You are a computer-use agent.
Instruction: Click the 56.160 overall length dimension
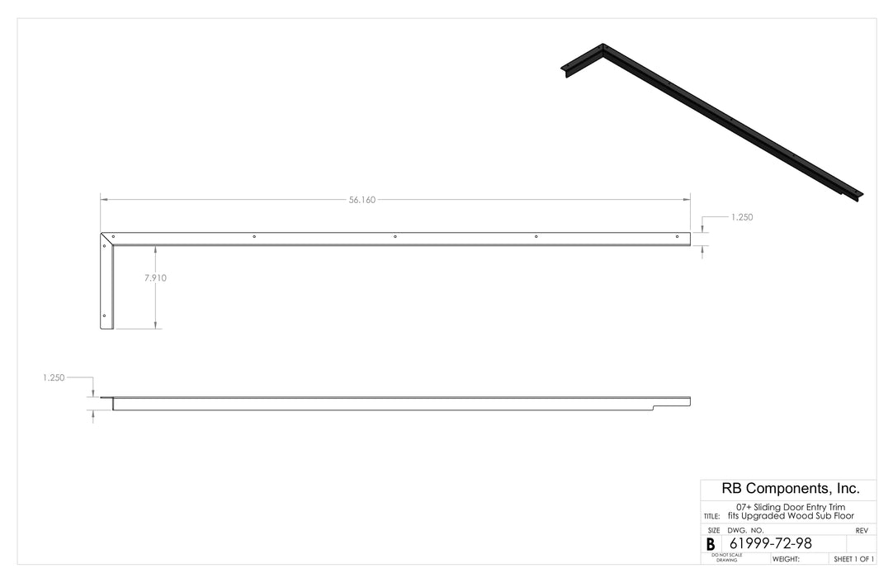[x=361, y=200]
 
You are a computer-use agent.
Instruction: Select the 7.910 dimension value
[x=155, y=278]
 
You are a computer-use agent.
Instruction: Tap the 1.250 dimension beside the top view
[x=741, y=217]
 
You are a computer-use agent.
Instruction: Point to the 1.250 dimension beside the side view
[x=54, y=377]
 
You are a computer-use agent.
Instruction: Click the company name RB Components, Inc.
[x=791, y=488]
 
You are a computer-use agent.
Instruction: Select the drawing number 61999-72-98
[x=771, y=543]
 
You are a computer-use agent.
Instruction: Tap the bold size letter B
[x=711, y=545]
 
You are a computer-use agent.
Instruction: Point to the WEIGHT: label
[x=786, y=559]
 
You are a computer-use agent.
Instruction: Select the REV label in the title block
[x=861, y=530]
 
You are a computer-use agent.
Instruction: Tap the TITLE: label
[x=711, y=516]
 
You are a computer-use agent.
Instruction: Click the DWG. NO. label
[x=745, y=530]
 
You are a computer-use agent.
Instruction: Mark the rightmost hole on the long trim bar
[x=678, y=237]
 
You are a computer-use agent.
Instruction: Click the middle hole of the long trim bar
[x=395, y=237]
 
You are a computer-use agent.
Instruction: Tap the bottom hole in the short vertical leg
[x=104, y=315]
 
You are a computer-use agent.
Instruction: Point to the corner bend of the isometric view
[x=602, y=47]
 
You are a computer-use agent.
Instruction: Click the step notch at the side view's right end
[x=654, y=406]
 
